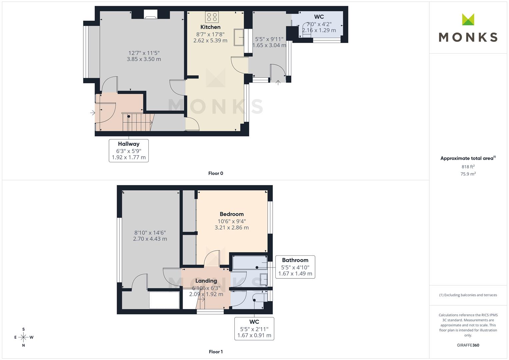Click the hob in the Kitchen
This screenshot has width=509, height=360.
click(212, 17)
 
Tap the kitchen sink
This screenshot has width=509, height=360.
click(239, 37)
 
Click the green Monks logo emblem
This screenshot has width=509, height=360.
click(468, 19)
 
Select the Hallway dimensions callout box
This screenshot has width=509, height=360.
click(129, 151)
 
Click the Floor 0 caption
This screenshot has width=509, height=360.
click(216, 173)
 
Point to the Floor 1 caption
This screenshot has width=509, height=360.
click(216, 352)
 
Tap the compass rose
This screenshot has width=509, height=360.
click(24, 337)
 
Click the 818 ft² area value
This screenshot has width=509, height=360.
click(468, 167)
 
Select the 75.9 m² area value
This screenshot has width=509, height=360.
click(468, 174)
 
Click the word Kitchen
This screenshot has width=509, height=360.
click(210, 27)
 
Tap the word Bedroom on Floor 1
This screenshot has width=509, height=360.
click(232, 214)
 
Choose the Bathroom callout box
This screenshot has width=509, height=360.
click(295, 267)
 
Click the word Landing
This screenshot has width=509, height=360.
click(206, 281)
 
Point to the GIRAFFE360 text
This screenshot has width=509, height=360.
click(468, 345)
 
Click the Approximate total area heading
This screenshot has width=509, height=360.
click(468, 158)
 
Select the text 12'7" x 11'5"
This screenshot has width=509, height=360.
click(144, 53)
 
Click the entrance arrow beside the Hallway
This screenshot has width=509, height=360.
click(92, 113)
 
